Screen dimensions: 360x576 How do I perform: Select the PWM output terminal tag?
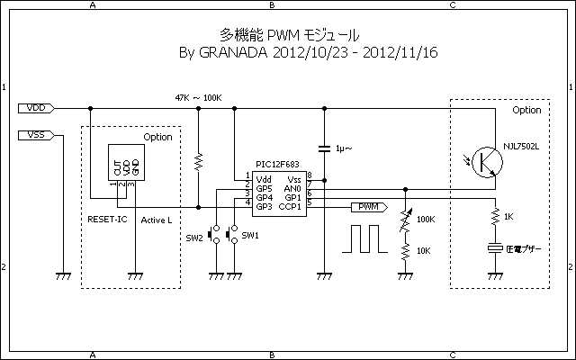368,206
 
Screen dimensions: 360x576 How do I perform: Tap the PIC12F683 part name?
277,164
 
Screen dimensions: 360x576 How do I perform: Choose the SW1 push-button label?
250,236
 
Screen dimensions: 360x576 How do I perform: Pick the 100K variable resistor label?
426,219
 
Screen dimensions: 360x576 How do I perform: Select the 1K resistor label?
508,217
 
